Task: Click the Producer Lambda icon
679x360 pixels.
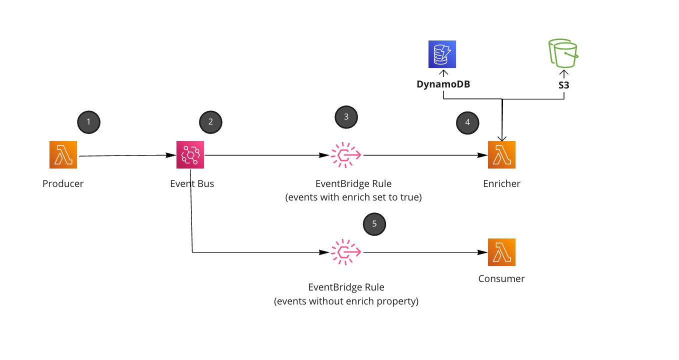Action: [63, 154]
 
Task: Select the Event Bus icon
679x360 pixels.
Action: [190, 154]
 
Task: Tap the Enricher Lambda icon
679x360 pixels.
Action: [501, 154]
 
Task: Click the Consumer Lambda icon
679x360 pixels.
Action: [501, 252]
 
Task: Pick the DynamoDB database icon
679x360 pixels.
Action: [442, 54]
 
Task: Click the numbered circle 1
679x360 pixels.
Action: [88, 121]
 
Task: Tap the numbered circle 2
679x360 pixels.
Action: [210, 121]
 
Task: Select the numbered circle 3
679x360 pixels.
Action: [346, 116]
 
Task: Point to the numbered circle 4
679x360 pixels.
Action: [467, 122]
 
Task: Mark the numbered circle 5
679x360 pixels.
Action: [374, 223]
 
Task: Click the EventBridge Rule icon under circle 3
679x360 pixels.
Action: [346, 155]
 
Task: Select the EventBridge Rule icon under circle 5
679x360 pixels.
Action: [346, 252]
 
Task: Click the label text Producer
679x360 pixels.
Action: [63, 183]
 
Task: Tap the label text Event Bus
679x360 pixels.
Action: [192, 183]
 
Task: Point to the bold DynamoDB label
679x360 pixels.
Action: [443, 84]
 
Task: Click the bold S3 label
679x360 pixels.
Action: [563, 85]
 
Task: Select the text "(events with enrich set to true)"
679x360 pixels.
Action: [353, 197]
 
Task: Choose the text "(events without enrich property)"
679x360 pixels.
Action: [346, 301]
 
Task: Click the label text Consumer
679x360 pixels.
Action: [501, 278]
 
